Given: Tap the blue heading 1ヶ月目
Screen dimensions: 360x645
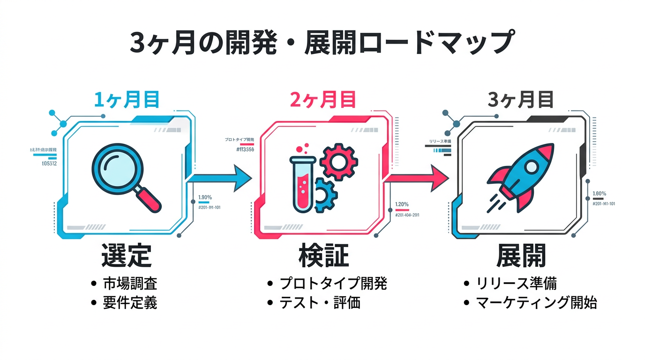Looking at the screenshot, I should (127, 100).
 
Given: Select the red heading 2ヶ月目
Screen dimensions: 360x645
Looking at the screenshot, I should (323, 100).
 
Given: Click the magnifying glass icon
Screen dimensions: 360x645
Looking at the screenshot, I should (124, 176).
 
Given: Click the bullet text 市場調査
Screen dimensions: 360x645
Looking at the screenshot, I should (130, 283).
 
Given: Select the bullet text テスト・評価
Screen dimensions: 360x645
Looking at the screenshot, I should (320, 302).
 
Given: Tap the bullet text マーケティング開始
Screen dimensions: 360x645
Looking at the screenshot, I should (536, 302).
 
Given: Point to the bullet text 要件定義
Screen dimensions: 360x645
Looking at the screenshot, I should (130, 302).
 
